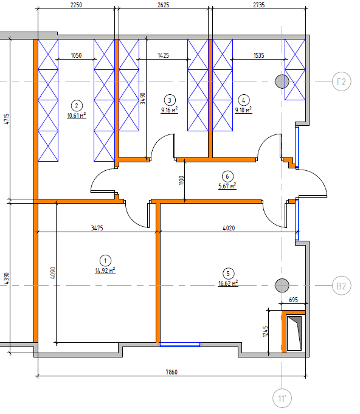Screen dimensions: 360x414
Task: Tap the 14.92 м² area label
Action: tap(105, 271)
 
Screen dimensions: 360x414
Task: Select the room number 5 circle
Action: tap(228, 274)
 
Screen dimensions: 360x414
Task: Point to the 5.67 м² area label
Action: tap(227, 186)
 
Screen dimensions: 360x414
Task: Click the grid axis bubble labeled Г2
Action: tap(342, 81)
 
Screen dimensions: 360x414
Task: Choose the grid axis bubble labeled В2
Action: tap(342, 286)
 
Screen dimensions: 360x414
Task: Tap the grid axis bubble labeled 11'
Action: tap(282, 398)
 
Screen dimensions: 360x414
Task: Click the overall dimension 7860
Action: tap(171, 372)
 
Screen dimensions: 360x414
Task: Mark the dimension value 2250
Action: tap(77, 5)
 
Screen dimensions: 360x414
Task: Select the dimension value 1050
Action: tap(77, 55)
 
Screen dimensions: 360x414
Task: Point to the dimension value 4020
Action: tap(229, 228)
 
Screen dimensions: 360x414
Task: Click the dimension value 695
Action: tap(294, 300)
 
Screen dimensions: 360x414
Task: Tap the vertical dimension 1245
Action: tap(266, 331)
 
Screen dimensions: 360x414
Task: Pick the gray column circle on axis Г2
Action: tap(282, 81)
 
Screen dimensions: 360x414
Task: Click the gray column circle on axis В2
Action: tap(282, 285)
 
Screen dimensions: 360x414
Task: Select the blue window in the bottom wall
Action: tap(180, 345)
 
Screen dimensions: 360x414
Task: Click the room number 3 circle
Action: tap(170, 100)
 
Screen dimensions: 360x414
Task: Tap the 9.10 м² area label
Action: tap(243, 110)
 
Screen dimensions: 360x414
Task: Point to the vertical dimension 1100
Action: tap(181, 181)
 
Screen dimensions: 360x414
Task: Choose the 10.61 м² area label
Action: tap(77, 116)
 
